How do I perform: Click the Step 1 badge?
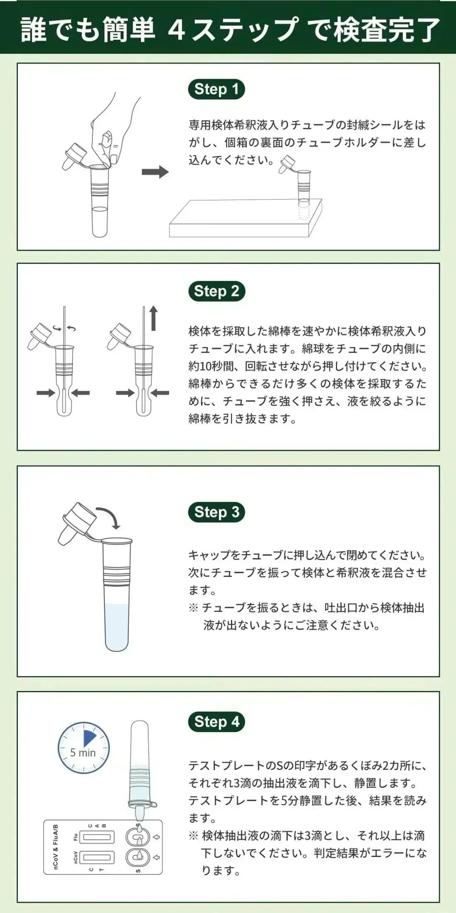216,89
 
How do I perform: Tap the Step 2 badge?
216,291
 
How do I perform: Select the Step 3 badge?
216,512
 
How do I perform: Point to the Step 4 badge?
216,722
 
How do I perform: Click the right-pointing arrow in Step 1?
155,172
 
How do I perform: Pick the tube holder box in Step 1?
245,220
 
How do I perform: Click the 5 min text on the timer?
83,753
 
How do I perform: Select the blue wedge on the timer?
89,738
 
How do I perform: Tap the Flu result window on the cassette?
97,837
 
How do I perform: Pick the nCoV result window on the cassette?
97,857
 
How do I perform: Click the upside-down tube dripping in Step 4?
140,768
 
